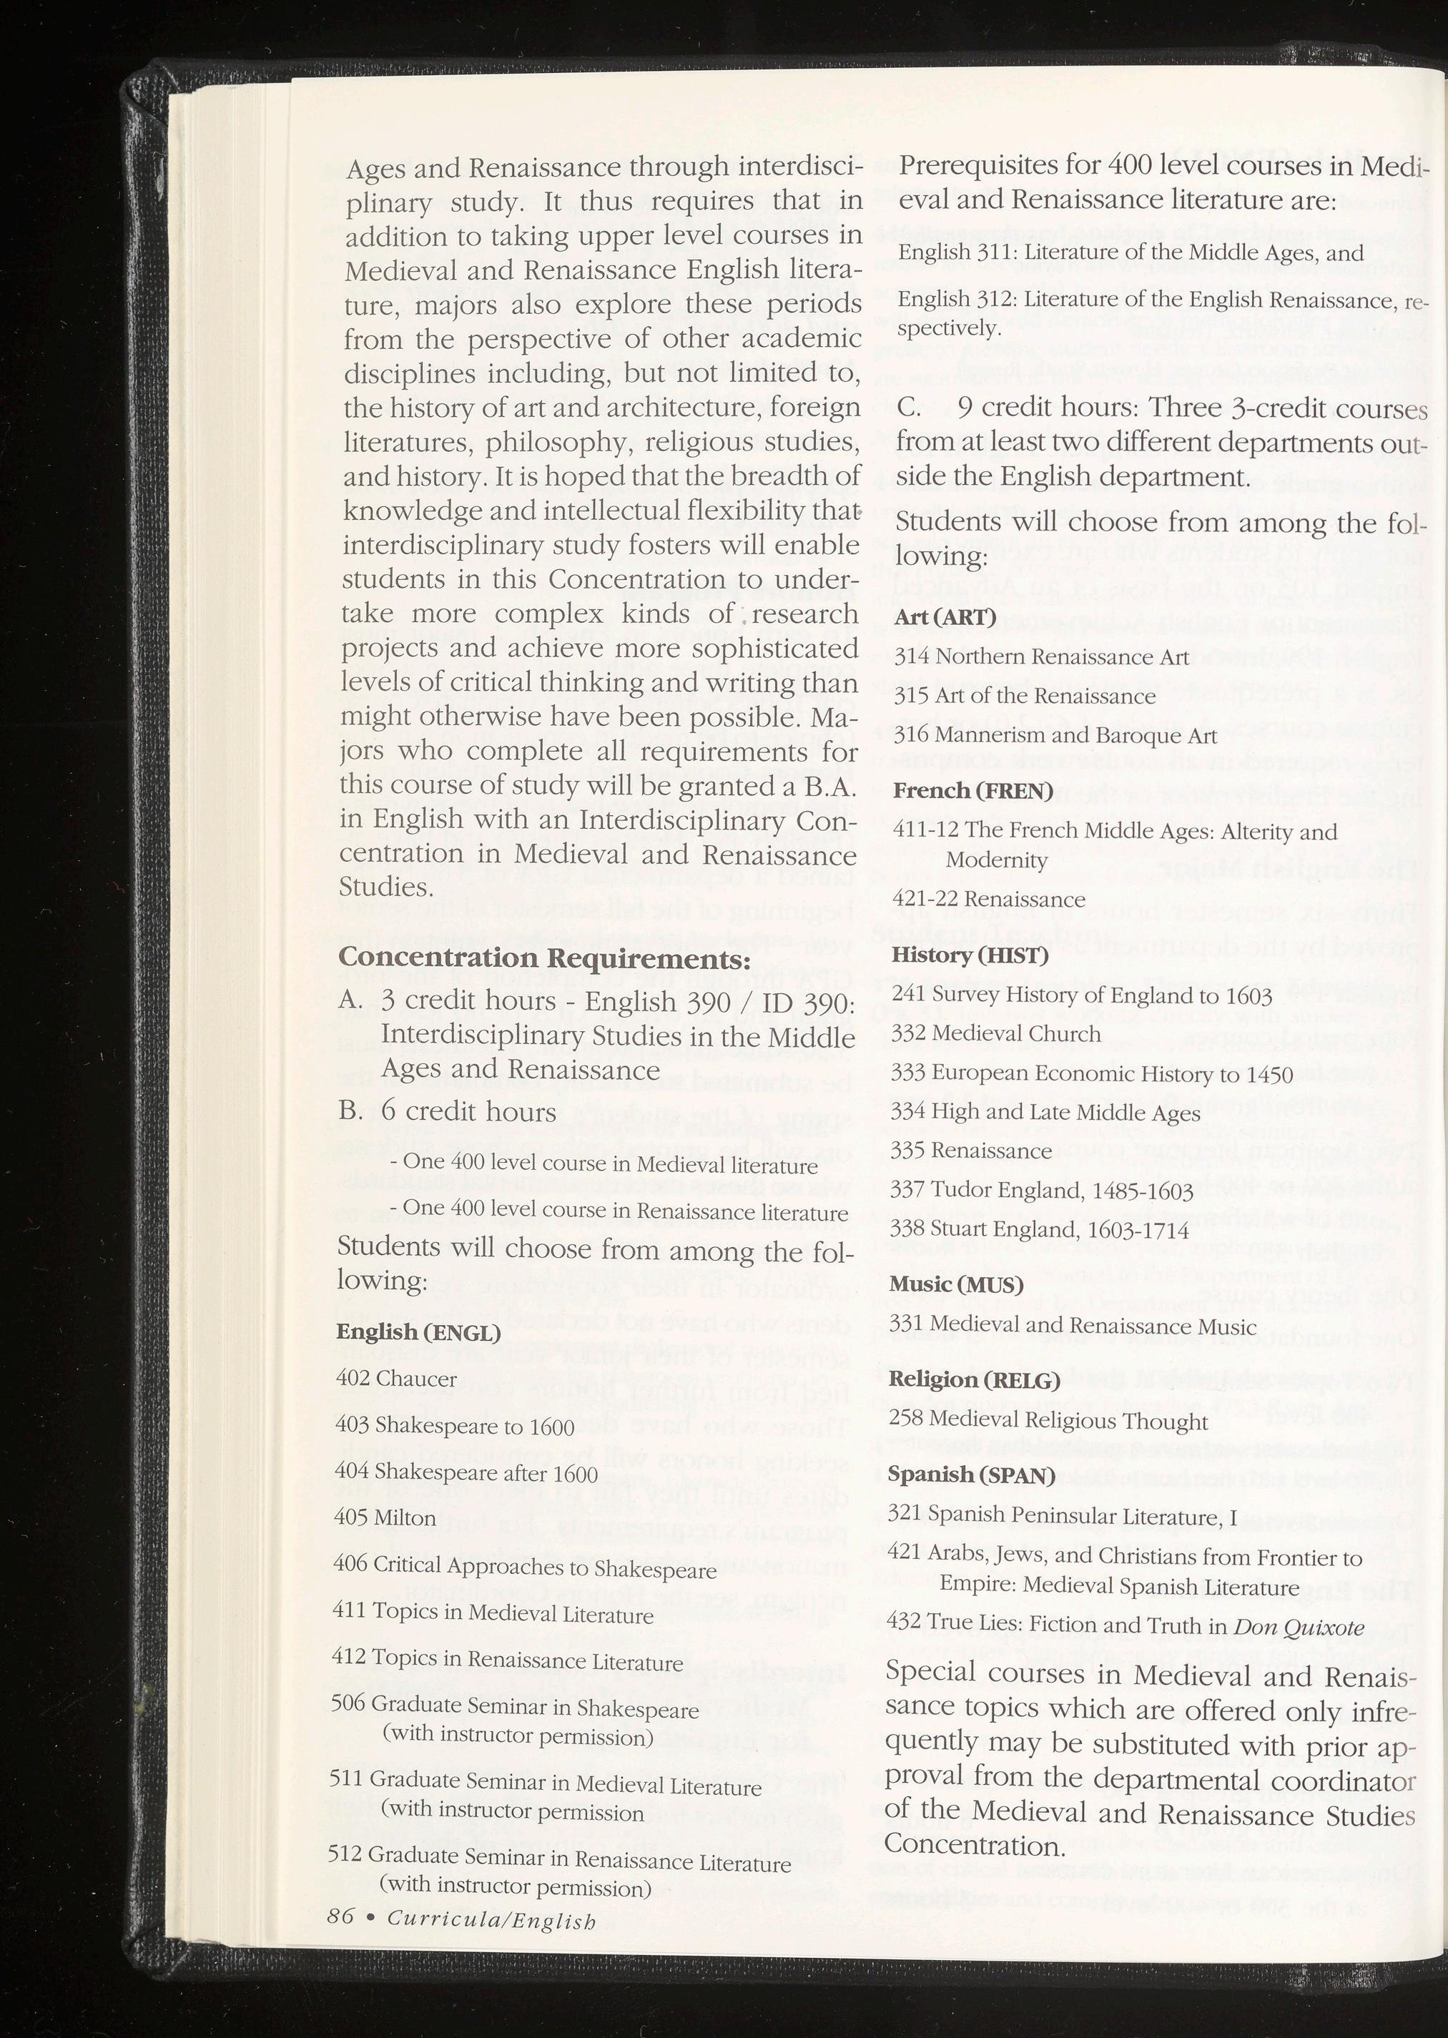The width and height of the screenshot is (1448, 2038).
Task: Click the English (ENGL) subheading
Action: pos(418,1332)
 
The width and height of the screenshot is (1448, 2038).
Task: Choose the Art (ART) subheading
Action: pos(945,617)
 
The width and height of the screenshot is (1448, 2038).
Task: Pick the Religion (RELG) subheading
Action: pos(974,1380)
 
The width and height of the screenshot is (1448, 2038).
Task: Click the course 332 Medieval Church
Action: pos(996,1034)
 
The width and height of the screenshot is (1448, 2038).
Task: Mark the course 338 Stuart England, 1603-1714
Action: pos(1039,1230)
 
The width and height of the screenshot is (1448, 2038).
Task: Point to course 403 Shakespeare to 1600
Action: pos(455,1427)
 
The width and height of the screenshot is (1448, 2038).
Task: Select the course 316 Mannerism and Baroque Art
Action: pos(1055,736)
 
